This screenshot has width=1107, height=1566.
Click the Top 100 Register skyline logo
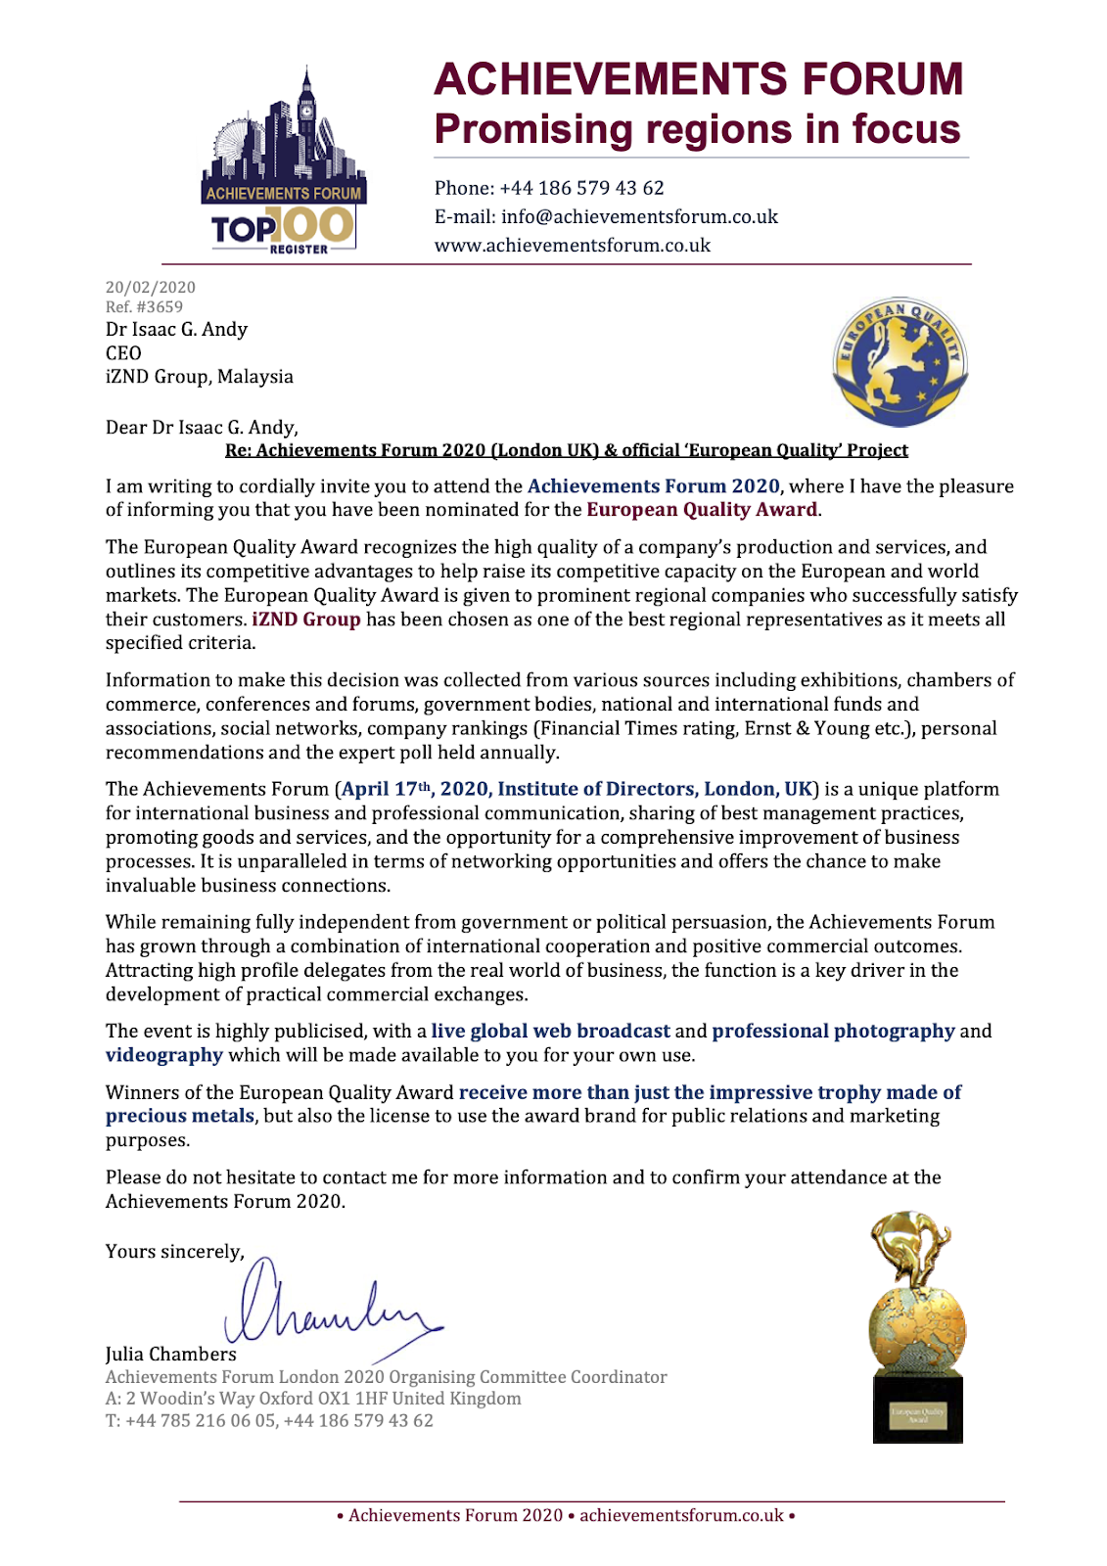click(282, 163)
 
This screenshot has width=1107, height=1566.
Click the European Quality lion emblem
click(899, 361)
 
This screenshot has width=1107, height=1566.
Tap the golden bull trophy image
click(917, 1326)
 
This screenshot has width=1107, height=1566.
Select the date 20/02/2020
click(151, 287)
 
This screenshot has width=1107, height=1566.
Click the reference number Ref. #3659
click(144, 306)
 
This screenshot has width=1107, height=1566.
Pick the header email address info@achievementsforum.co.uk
click(606, 216)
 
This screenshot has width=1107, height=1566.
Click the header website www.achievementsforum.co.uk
click(573, 245)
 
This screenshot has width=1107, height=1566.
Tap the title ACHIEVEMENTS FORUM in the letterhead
click(699, 79)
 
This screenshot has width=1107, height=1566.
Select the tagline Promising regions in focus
click(697, 129)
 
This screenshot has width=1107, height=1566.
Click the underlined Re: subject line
click(566, 450)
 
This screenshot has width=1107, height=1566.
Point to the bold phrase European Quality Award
click(701, 509)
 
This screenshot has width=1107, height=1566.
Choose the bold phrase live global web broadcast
click(550, 1031)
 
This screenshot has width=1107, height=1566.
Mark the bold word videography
click(164, 1055)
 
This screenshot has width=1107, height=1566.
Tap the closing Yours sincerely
click(174, 1252)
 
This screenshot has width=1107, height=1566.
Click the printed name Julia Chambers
click(171, 1354)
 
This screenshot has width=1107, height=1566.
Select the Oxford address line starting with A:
click(313, 1399)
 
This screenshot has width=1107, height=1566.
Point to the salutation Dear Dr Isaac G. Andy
click(202, 427)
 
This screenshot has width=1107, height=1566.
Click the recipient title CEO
click(123, 352)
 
